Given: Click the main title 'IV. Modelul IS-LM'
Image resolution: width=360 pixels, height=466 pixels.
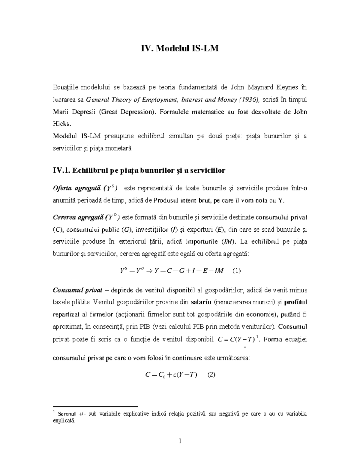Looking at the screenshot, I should pos(180,48).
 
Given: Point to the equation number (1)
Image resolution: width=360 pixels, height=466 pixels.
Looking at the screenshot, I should pos(237,271).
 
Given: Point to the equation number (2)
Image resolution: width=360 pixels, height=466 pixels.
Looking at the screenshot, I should pos(211,374).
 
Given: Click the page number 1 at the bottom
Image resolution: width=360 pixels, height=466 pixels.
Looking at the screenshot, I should pos(180,441).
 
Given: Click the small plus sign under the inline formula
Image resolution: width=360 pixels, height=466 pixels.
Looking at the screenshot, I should pos(245,347).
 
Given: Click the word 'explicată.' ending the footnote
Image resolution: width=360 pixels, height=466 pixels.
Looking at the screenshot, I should pos(63,421).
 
